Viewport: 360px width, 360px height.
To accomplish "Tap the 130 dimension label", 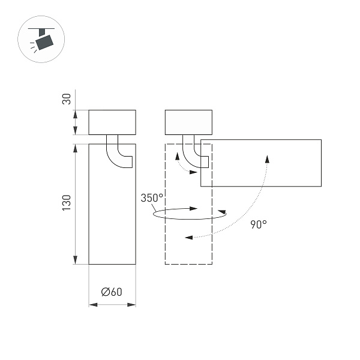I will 67,202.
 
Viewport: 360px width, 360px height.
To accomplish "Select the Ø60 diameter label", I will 112,292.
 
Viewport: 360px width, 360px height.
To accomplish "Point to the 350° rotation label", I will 152,198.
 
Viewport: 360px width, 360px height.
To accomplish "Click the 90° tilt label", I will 259,224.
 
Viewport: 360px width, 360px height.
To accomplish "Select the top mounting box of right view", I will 188,122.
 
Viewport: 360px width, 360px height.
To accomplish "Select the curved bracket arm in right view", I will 193,155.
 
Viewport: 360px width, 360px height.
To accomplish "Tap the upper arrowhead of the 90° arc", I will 267,157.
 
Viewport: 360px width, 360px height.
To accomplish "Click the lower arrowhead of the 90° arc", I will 188,238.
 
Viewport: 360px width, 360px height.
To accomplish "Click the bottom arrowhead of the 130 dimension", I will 75,260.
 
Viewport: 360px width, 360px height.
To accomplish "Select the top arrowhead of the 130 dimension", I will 75,148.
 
